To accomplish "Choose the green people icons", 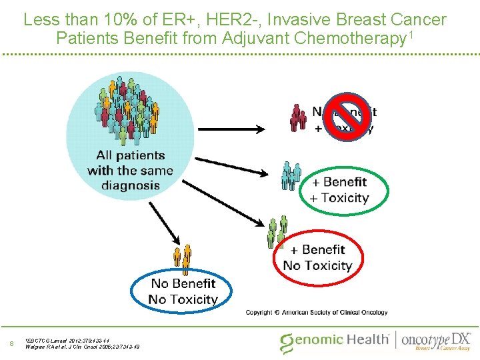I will (277, 231).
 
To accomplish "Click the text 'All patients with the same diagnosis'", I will (130, 170).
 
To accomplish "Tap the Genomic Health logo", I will (335, 341).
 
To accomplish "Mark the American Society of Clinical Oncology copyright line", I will (316, 312).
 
